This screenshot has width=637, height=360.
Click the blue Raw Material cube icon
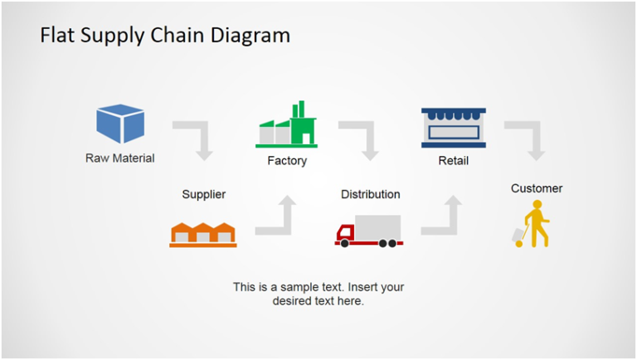point(120,124)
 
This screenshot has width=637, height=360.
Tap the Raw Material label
point(120,158)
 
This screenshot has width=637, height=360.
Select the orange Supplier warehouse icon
point(203,235)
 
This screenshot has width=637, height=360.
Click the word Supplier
point(204,195)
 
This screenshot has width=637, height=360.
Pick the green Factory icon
point(287,125)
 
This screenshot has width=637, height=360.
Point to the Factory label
point(287,161)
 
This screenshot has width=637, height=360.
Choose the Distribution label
point(371,195)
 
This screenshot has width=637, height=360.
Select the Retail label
point(454,161)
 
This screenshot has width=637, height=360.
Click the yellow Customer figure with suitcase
point(532,224)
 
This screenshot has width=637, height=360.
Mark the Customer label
point(537,189)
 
